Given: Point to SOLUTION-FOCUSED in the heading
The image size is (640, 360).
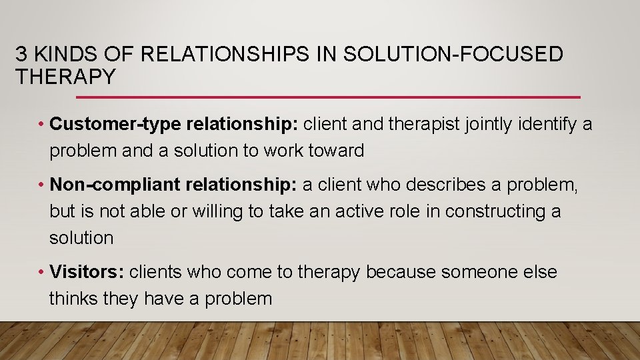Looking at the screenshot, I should [x=453, y=55].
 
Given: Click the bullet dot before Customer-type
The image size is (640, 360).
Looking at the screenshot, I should [x=41, y=125].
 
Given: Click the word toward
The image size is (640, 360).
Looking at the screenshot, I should [x=336, y=151].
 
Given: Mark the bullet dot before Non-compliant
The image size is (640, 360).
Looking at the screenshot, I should [x=41, y=185].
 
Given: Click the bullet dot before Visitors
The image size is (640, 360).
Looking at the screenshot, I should [x=41, y=273].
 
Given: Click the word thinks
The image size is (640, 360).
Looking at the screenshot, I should [x=74, y=298].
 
